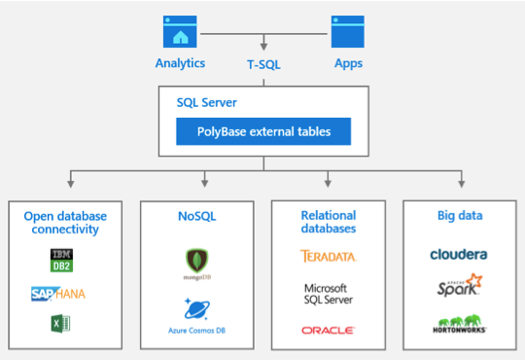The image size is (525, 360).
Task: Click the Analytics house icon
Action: point(180,31)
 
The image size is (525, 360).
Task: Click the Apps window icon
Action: point(348,31)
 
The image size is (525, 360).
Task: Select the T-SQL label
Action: point(263,64)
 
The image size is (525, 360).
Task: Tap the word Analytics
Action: point(180,63)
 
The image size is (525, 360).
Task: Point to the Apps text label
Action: point(348,63)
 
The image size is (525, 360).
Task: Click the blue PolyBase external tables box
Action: point(262,131)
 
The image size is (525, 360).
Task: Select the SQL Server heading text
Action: point(206,102)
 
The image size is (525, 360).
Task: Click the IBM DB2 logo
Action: point(61,259)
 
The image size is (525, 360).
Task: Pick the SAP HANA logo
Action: point(60,293)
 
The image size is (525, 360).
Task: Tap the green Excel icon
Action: point(60,325)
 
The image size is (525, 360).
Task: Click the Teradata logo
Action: point(328,257)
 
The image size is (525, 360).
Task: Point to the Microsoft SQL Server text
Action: point(328,295)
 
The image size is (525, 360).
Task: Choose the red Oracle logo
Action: point(328,331)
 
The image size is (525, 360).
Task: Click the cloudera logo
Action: point(459,254)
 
